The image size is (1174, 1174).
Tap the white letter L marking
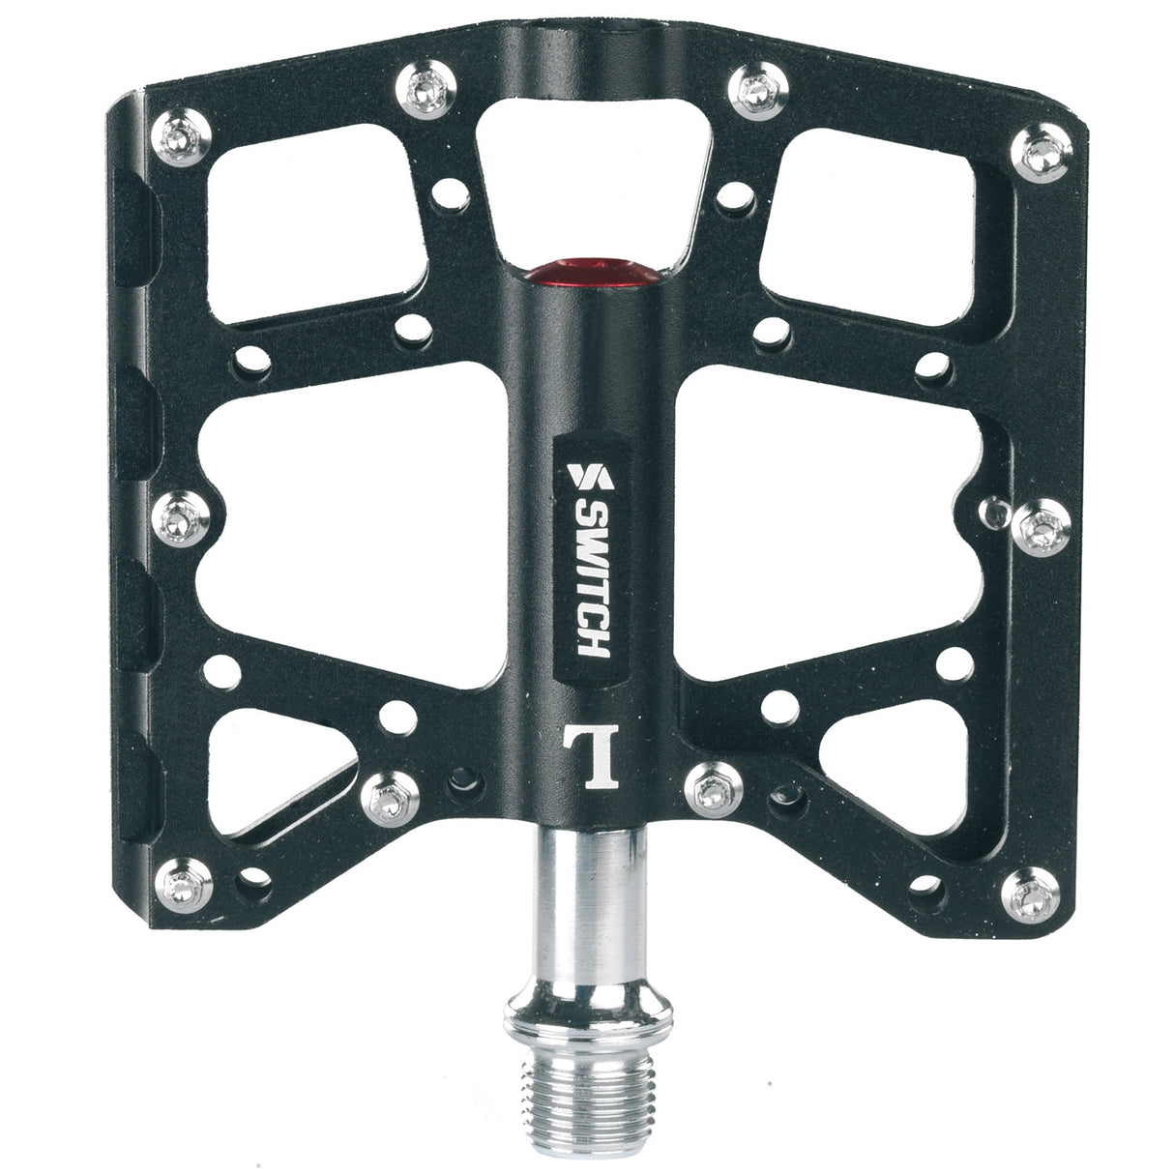coord(591,755)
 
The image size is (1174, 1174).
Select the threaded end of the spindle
coord(589,1090)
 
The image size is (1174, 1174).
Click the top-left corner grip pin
coord(181,137)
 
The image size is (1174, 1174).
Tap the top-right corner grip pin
coord(1042,153)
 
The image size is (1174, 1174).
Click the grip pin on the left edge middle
coord(181,519)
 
